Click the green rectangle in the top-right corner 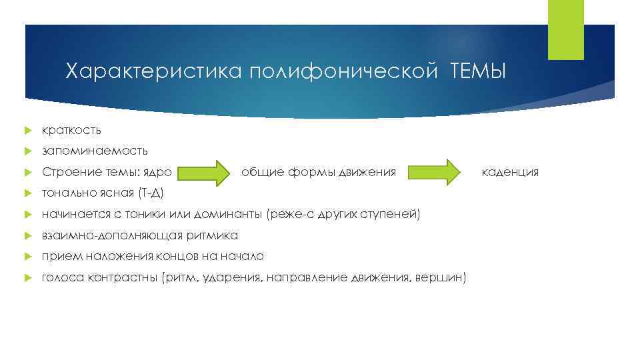(x=565, y=29)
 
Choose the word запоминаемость (x=95, y=151)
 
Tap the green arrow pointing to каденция (x=435, y=173)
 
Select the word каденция (x=510, y=173)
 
